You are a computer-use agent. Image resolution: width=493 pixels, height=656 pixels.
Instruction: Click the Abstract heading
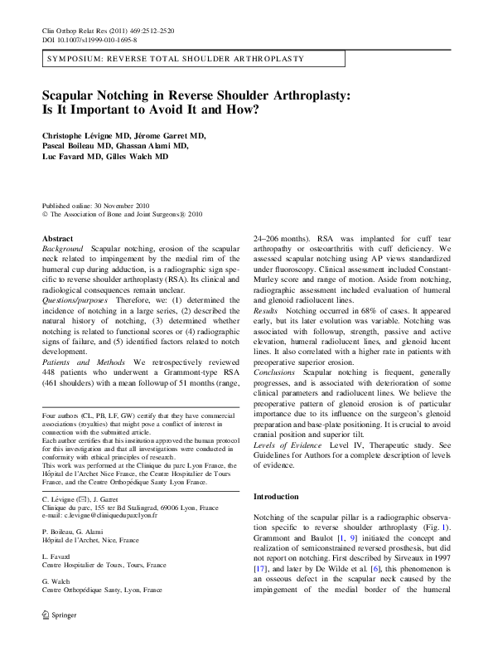[57, 238]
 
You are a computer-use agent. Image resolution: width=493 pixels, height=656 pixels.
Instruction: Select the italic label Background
[62, 248]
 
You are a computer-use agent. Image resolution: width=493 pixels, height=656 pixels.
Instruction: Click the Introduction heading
[276, 497]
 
